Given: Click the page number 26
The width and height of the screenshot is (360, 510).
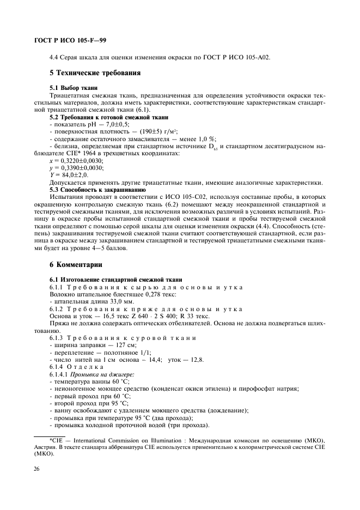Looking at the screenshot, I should coord(38,466).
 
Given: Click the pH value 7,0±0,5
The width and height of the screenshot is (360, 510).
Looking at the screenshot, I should coord(112,125).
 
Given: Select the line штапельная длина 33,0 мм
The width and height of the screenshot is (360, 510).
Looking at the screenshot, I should coord(83,301).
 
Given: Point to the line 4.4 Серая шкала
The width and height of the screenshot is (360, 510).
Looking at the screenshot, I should coord(160,57).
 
